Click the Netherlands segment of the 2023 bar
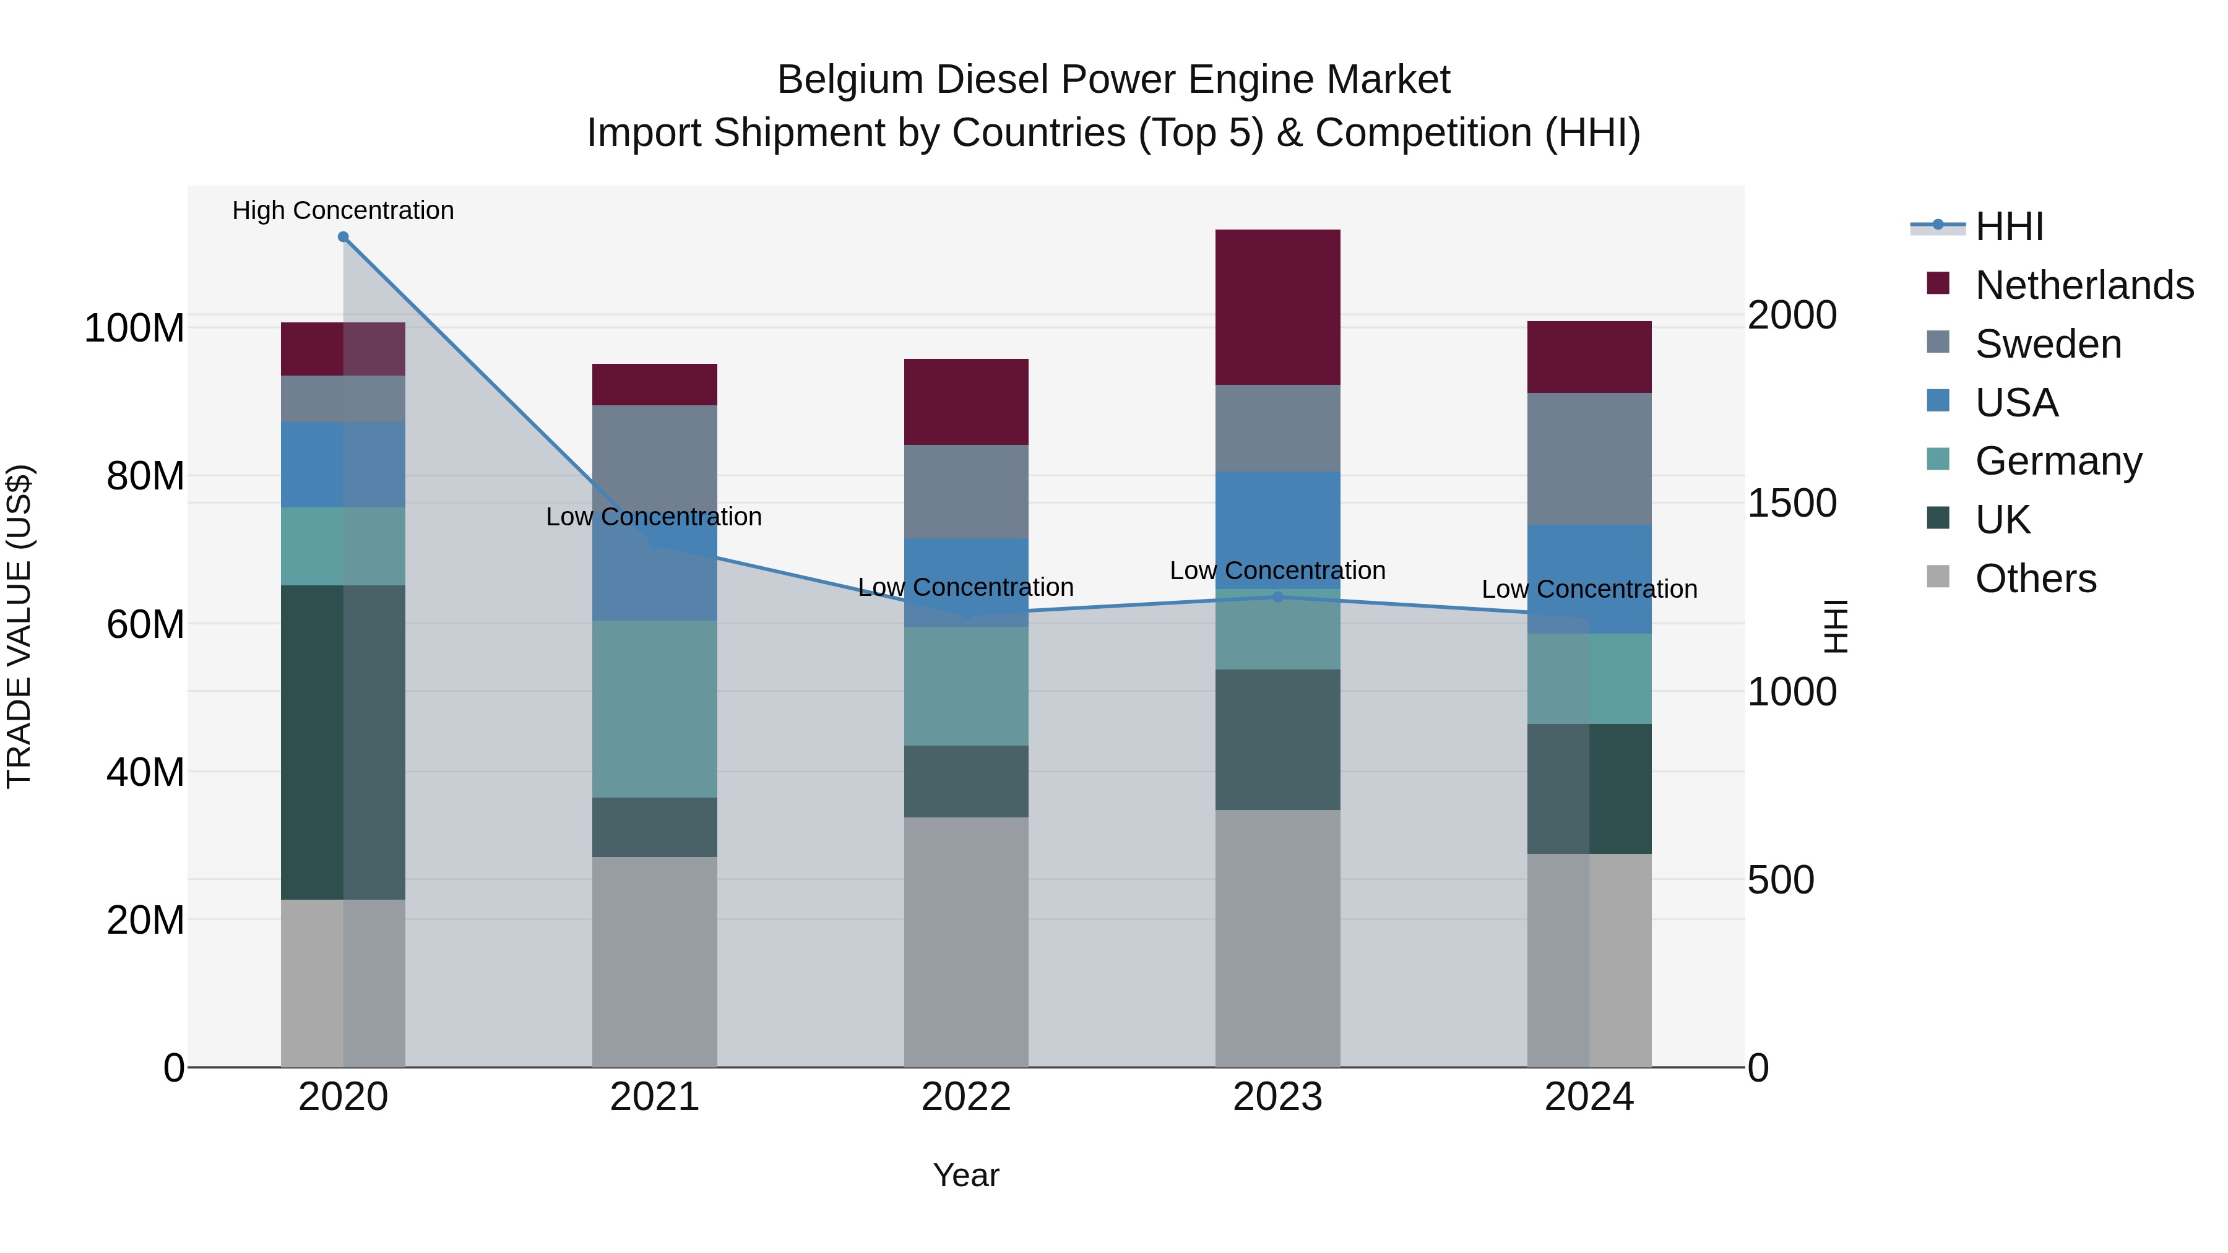coord(1277,307)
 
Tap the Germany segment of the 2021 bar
coord(654,708)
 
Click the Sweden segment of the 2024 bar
coord(1589,459)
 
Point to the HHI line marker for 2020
coord(343,237)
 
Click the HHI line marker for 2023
coord(1277,596)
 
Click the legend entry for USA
coord(2016,403)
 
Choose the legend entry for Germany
coord(2058,461)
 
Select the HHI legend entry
coord(2009,226)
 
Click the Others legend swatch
coord(1938,577)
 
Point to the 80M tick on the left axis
coord(145,476)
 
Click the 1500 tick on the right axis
coord(1791,503)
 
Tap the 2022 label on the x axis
coord(965,1097)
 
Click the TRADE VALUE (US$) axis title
coord(20,626)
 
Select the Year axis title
coord(965,1175)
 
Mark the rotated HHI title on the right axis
coord(1834,626)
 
